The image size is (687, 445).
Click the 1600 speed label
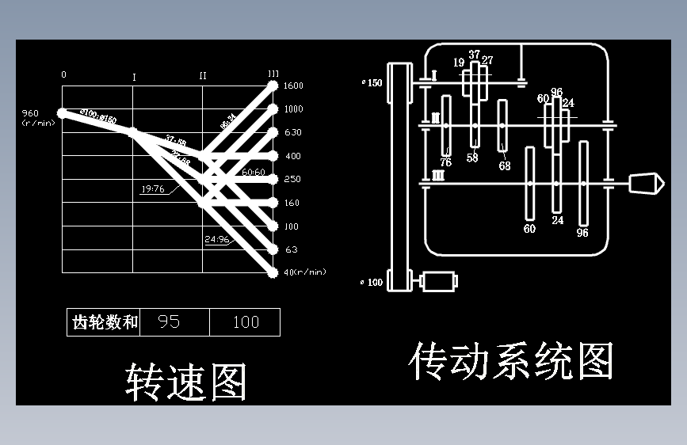[293, 86]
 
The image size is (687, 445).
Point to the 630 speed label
[292, 133]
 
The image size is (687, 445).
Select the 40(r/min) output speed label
[305, 272]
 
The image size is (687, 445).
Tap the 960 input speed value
[30, 113]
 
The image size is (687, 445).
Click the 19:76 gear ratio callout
[152, 189]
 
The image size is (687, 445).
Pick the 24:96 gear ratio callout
[216, 238]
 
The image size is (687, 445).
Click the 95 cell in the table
[169, 321]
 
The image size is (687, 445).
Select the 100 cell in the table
[246, 321]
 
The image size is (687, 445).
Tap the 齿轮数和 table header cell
[105, 322]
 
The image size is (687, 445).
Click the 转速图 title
[186, 382]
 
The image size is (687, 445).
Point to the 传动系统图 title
[511, 362]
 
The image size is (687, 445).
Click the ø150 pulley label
[371, 82]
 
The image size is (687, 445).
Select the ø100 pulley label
[371, 282]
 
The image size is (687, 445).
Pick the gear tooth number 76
[445, 162]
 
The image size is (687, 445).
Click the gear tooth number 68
[505, 165]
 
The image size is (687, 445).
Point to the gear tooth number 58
[472, 158]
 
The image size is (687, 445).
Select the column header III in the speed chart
[273, 74]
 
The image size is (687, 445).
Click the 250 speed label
[292, 180]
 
